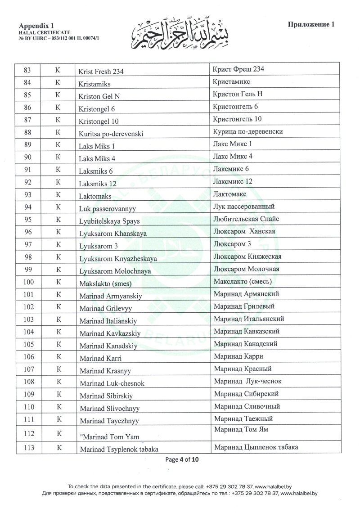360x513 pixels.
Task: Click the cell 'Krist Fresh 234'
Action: (x=101, y=71)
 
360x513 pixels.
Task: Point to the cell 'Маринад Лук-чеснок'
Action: (x=248, y=381)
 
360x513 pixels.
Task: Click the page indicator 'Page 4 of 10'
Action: (x=182, y=459)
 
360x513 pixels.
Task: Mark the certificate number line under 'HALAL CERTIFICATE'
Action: (x=59, y=38)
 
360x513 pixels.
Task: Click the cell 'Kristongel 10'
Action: (x=99, y=121)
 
